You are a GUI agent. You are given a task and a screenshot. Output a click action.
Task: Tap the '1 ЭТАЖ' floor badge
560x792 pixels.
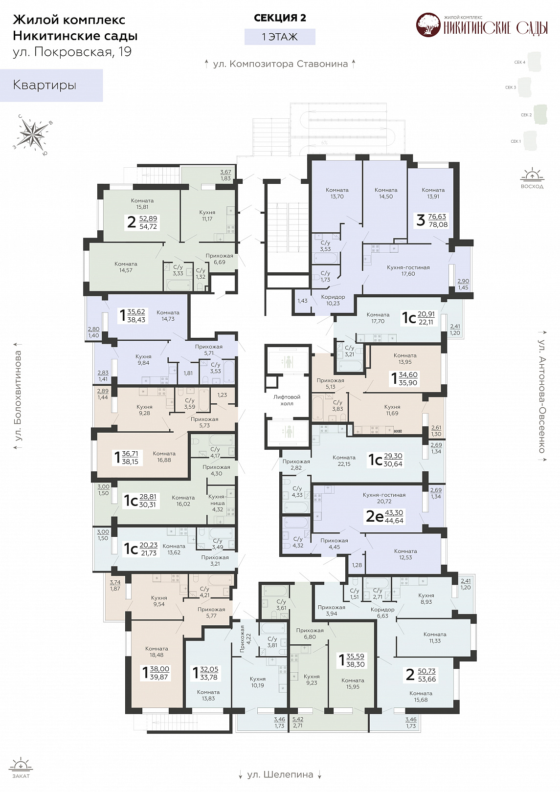click(280, 37)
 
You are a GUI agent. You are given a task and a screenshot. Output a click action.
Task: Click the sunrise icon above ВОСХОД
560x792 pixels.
click(532, 175)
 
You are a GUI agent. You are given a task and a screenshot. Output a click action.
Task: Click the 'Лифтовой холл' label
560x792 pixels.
click(287, 400)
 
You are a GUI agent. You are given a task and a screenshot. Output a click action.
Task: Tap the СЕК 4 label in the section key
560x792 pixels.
click(520, 62)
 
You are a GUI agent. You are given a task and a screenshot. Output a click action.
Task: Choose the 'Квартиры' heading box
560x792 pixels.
click(51, 85)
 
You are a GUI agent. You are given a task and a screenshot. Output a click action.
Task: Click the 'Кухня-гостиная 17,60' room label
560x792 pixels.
click(408, 270)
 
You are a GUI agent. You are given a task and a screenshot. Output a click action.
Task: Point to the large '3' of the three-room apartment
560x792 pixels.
click(420, 220)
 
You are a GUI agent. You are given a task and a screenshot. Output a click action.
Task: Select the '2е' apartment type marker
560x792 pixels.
click(375, 517)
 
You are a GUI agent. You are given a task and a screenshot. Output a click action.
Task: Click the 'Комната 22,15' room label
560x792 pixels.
click(344, 461)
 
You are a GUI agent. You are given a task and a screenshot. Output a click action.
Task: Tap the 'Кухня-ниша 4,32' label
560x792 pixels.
click(217, 503)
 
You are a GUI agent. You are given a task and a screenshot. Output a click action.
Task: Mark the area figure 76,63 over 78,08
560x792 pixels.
click(438, 220)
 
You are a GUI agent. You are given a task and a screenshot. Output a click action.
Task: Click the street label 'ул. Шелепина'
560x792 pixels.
click(280, 774)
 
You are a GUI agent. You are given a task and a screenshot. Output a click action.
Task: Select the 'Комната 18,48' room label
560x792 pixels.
click(157, 652)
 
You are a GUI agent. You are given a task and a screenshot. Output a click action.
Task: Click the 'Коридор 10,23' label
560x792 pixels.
click(333, 300)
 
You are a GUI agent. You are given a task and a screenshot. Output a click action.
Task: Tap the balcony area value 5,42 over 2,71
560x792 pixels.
click(297, 723)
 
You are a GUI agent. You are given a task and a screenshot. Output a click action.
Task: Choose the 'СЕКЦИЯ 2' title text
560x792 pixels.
click(280, 18)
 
